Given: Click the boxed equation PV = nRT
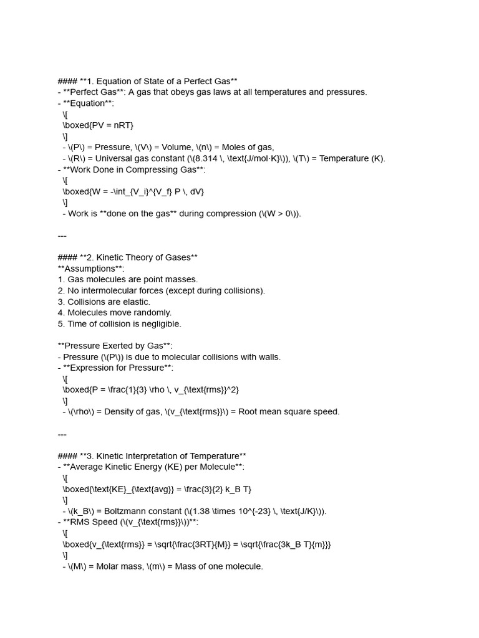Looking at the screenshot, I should coord(98,125).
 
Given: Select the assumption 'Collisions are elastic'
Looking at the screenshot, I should coord(109,302).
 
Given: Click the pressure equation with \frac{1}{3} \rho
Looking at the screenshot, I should coord(150,389).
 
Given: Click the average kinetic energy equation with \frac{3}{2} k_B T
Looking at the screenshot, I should coord(157,489).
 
